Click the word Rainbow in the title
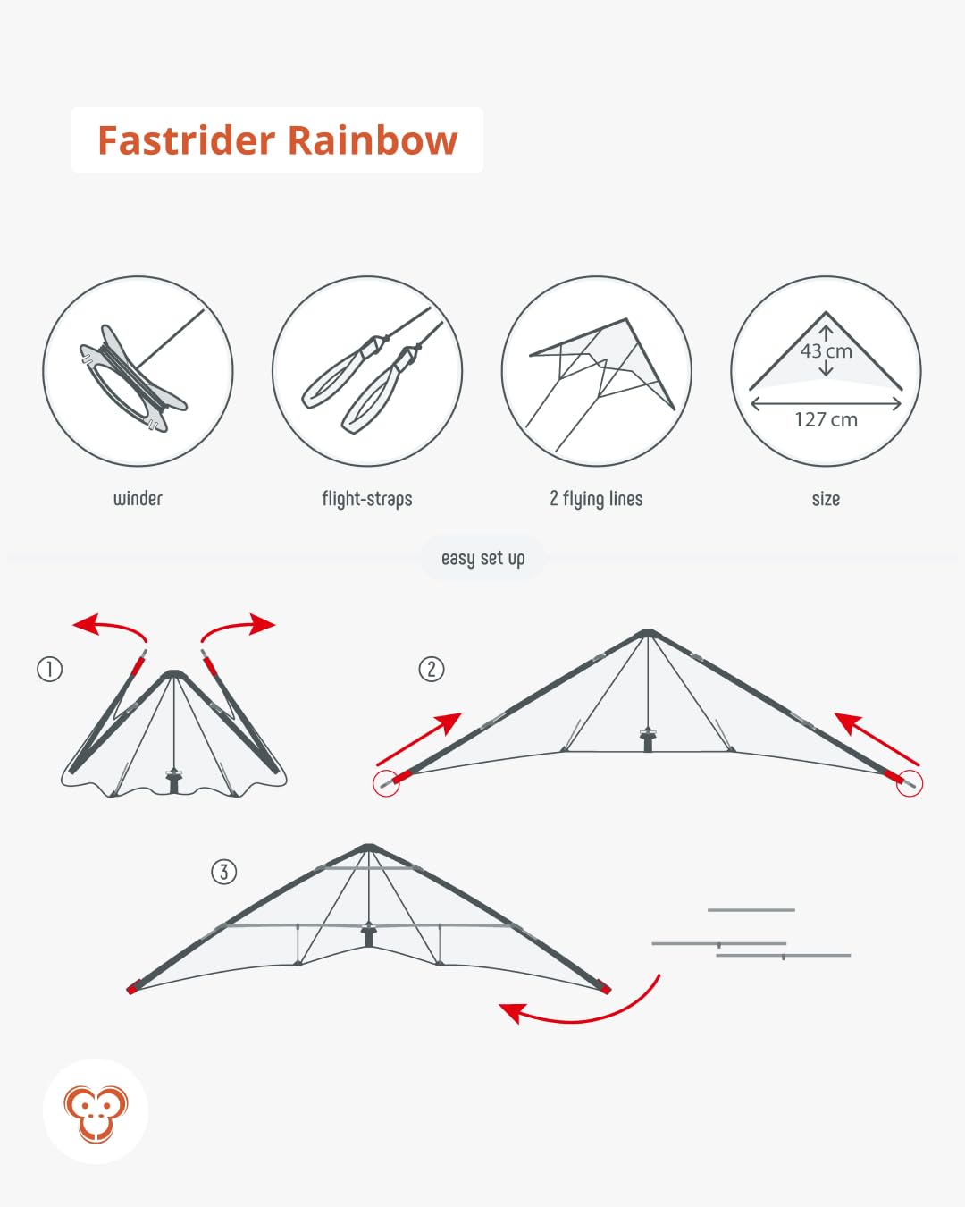(373, 141)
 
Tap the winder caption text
(138, 499)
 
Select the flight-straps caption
(367, 499)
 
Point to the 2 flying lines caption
(596, 499)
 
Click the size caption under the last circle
(826, 499)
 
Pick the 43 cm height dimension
(827, 351)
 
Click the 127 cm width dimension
(827, 419)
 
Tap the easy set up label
(482, 559)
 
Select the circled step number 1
(49, 669)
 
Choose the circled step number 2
(432, 669)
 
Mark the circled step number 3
(223, 872)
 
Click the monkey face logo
(96, 1112)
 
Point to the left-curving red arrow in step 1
(107, 627)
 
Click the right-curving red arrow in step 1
(239, 627)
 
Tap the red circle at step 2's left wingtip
(386, 783)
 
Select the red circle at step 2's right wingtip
(910, 783)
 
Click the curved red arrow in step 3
(581, 1010)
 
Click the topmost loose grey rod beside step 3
(751, 910)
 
